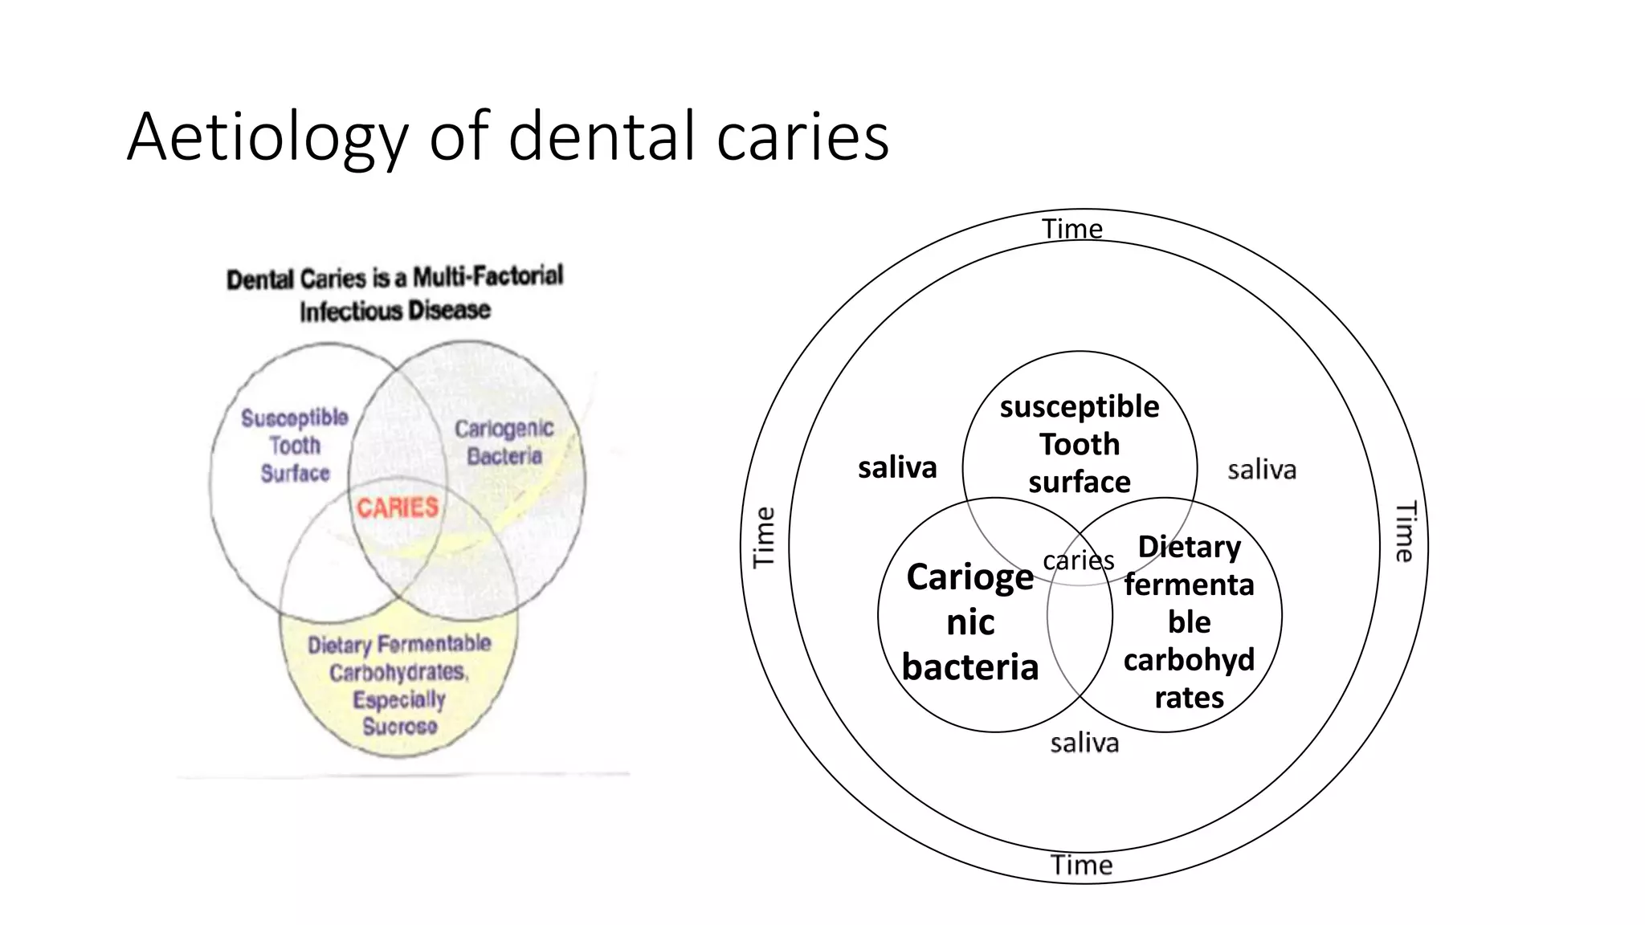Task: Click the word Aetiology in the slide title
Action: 267,137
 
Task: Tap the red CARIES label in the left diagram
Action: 398,507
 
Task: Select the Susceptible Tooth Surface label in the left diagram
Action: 295,445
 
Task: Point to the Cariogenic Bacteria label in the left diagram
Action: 504,442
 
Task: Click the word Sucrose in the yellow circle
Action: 400,727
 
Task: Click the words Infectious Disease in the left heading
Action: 394,311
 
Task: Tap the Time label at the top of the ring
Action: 1072,229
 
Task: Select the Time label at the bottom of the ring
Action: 1082,865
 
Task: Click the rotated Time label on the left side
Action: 764,537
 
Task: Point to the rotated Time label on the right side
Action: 1404,532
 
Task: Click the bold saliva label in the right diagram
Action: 897,467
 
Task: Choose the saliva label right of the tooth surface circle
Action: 1262,470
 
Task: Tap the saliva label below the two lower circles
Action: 1084,743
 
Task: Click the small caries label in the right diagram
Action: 1078,560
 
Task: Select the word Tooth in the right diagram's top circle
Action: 1080,444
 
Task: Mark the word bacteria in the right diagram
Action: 970,667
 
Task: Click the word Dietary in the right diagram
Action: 1190,547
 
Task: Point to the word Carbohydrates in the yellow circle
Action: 398,672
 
